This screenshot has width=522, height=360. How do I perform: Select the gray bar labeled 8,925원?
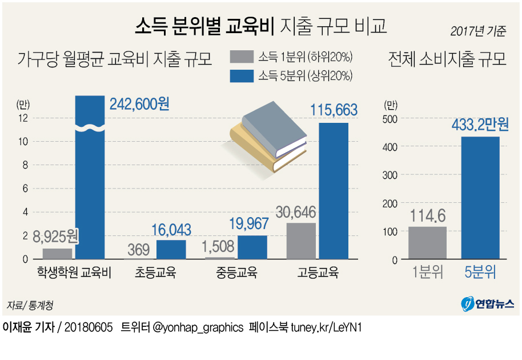(x=57, y=254)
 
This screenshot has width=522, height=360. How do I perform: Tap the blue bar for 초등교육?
(x=171, y=250)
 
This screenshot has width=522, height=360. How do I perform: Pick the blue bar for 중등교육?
(x=252, y=247)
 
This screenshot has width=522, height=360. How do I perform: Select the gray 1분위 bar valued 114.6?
(x=428, y=243)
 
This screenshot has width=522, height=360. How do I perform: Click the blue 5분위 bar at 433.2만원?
(x=480, y=198)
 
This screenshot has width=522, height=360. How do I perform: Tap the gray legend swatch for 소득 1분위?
(x=241, y=57)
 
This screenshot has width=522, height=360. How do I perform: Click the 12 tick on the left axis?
(x=23, y=118)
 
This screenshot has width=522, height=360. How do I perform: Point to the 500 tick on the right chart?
(x=390, y=118)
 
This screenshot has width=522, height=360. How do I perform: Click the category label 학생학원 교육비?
(x=74, y=273)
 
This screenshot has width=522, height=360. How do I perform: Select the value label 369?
(x=138, y=250)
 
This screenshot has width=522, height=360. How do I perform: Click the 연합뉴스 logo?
(x=488, y=303)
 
